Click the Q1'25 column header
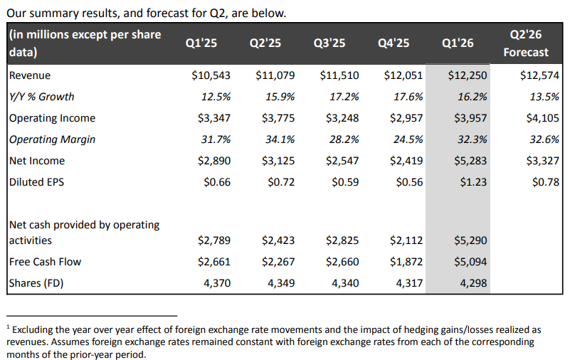pos(201,43)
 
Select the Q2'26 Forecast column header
pos(526,43)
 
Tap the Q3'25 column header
pos(329,43)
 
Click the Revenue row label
pos(30,75)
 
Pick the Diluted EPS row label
pos(36,182)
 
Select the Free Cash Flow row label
pos(45,262)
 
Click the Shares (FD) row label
pos(36,283)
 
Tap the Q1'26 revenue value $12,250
pos(470,75)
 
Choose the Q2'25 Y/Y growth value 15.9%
pos(280,97)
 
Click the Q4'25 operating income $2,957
pos(406,118)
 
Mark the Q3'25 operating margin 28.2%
pos(343,139)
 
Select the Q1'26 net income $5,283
pos(470,161)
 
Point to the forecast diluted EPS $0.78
pos(545,182)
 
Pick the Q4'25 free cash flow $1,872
pos(406,262)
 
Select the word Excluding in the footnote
pos(37,330)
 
